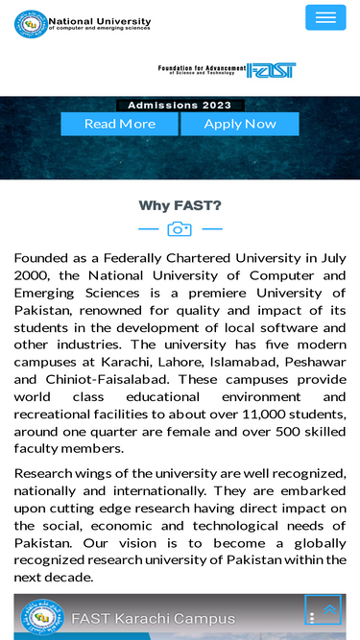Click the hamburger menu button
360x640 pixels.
[325, 17]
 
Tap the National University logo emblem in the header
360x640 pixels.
[30, 23]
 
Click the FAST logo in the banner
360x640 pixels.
[271, 70]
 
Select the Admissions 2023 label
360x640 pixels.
[180, 106]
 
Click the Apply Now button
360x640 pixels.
[239, 124]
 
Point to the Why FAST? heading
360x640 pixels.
[180, 205]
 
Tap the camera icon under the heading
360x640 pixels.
[180, 229]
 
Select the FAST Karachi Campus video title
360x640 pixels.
[153, 617]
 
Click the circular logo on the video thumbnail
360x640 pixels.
[41, 619]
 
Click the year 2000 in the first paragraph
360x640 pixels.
[34, 275]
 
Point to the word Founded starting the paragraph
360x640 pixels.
[45, 258]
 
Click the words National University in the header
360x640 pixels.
[100, 19]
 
